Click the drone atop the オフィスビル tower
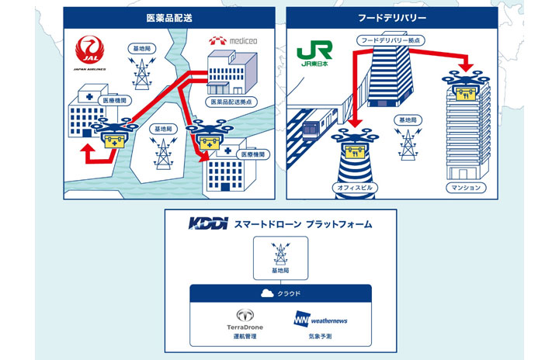tap(353, 140)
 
